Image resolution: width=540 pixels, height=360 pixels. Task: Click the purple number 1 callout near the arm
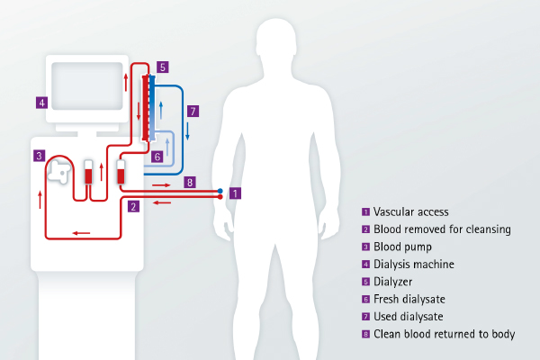[235, 193]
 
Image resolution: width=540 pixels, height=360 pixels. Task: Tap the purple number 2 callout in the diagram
[134, 207]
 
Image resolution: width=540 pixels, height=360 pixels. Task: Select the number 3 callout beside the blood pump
[40, 156]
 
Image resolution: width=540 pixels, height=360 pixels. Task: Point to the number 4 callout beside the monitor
[41, 102]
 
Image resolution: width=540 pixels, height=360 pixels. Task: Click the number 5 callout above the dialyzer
[161, 67]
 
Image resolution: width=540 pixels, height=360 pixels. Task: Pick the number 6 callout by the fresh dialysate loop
[157, 156]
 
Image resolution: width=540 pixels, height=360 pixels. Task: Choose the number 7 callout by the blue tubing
[193, 111]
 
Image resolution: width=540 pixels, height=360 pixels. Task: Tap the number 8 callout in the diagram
[188, 182]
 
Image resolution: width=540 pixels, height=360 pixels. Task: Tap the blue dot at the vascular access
[220, 190]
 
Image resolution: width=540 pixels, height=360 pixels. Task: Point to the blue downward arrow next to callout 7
[187, 130]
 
